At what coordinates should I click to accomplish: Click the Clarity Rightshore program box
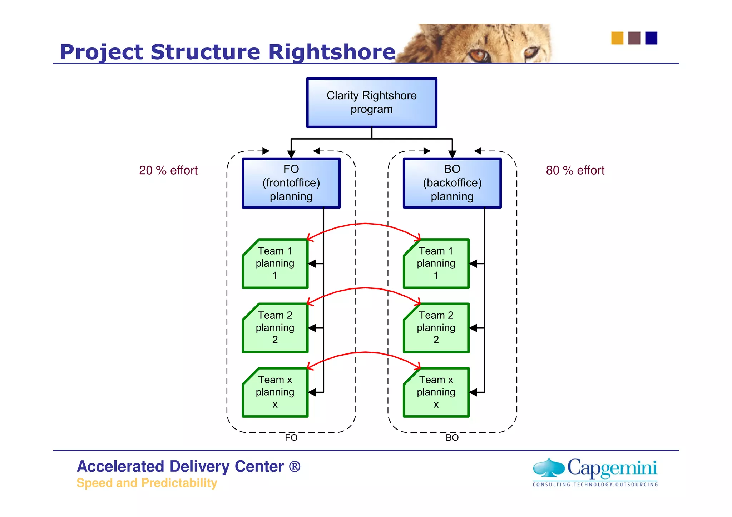pos(371,102)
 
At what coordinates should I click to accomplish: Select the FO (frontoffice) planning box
pos(291,183)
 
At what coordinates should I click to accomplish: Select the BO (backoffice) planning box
pos(452,183)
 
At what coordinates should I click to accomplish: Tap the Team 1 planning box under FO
pos(275,263)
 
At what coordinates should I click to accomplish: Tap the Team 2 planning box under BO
pos(436,328)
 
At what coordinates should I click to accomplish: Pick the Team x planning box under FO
pos(275,392)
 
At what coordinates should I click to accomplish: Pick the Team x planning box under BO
pos(436,392)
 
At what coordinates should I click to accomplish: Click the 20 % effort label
pos(168,170)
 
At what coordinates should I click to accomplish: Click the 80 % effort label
pos(575,170)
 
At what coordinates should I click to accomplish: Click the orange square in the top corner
pos(617,38)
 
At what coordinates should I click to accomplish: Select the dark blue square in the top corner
pos(651,38)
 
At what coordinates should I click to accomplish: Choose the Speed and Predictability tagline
pos(147,483)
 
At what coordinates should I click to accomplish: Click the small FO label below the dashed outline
pos(291,438)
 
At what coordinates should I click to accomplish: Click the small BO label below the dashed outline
pos(452,438)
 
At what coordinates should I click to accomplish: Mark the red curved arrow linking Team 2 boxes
pos(365,288)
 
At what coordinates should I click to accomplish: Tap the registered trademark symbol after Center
pos(295,466)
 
